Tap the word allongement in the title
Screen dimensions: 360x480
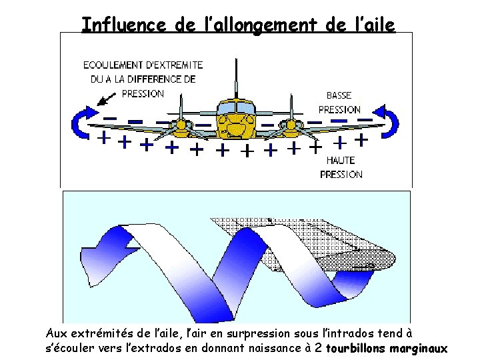263,25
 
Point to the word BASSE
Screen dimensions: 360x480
339,95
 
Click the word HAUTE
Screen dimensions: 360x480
341,160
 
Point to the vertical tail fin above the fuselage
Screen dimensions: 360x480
236,77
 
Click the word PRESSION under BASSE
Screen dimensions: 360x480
339,109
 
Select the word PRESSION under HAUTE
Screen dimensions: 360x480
341,175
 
